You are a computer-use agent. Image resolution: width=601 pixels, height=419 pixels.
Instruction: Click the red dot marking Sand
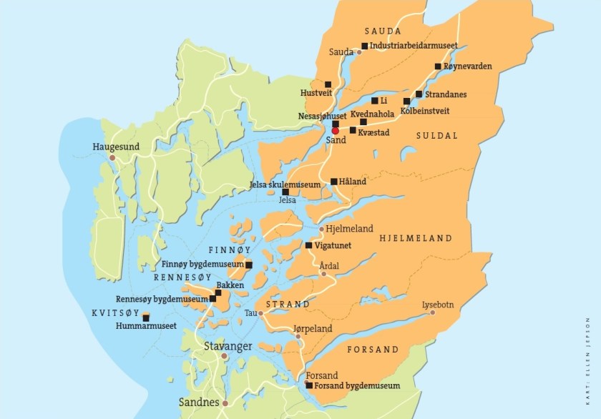(335, 131)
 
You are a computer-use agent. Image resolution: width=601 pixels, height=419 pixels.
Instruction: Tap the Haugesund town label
(116, 147)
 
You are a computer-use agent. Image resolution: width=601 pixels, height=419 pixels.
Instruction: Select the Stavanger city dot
(224, 355)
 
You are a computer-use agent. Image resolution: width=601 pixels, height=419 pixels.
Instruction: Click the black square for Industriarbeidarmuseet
(364, 46)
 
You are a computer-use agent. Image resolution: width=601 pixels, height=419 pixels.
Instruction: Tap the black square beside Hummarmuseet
(146, 316)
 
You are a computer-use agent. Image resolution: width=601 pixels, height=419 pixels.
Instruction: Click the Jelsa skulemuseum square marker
(285, 192)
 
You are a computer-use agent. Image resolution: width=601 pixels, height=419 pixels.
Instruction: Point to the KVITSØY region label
(114, 313)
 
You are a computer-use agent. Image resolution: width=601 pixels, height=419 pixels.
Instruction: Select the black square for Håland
(334, 182)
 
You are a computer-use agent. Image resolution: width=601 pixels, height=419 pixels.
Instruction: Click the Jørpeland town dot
(298, 335)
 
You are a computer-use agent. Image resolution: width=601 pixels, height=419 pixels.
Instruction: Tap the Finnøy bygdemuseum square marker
(249, 265)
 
